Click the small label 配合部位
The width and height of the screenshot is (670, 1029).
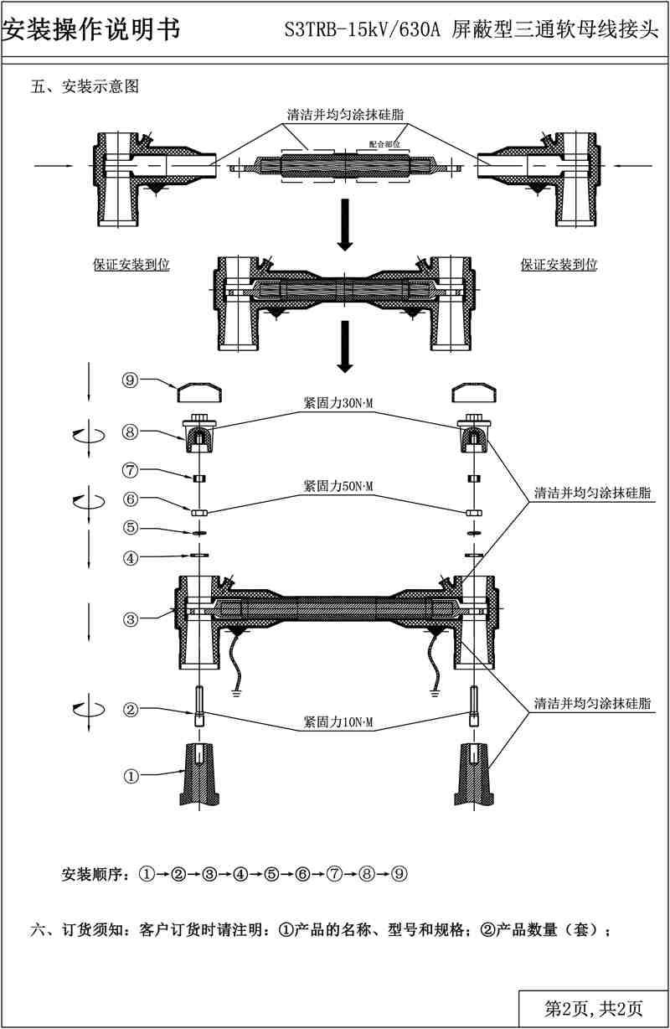384,143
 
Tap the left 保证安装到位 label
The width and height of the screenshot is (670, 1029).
131,265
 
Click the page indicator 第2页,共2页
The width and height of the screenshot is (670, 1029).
594,1008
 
